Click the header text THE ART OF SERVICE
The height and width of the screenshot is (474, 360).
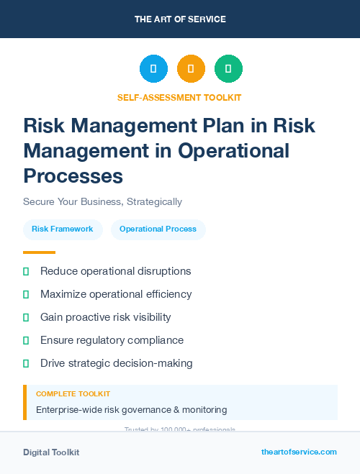tap(180, 19)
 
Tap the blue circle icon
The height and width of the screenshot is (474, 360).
tap(153, 69)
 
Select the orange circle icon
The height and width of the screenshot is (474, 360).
tap(191, 69)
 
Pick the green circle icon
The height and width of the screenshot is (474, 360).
tap(228, 69)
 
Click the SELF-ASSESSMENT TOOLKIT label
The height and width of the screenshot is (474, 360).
tap(179, 97)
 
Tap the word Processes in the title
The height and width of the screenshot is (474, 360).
tap(73, 176)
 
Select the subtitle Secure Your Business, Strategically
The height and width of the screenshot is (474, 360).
tap(102, 201)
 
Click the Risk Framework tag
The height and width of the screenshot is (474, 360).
tap(63, 229)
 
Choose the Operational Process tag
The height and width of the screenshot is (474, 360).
tap(158, 229)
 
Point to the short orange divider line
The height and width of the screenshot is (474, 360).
tap(39, 252)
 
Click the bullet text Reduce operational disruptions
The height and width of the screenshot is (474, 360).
tap(115, 271)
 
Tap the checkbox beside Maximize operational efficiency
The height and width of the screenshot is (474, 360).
tap(26, 294)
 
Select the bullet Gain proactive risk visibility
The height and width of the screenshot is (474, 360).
tap(105, 317)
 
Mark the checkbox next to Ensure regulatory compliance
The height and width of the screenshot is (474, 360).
tap(26, 340)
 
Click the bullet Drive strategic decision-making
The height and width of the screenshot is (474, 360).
tap(116, 363)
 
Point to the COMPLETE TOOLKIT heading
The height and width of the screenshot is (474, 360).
tap(73, 394)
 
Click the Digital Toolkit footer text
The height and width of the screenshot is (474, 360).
tap(51, 452)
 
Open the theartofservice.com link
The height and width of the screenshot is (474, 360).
tap(299, 452)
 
